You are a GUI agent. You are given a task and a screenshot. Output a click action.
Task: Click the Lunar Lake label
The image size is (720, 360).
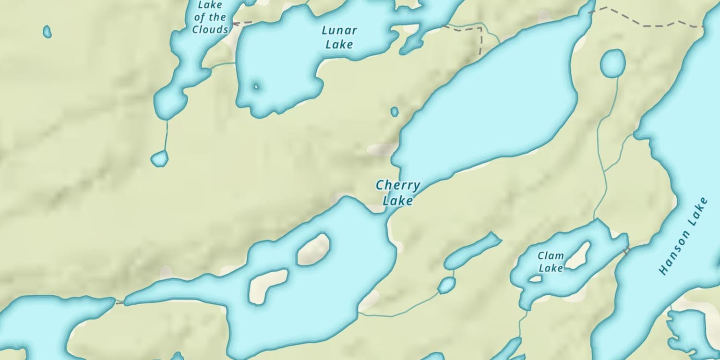pyautogui.click(x=339, y=37)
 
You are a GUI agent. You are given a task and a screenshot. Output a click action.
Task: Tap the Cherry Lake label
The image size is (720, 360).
pyautogui.click(x=398, y=193)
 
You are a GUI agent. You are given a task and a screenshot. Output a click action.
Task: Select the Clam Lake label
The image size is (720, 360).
pyautogui.click(x=551, y=262)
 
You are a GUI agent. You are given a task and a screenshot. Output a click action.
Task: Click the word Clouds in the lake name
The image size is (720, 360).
pyautogui.click(x=210, y=30)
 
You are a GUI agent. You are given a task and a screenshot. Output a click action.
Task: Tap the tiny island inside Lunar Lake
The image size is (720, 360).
pyautogui.click(x=256, y=87)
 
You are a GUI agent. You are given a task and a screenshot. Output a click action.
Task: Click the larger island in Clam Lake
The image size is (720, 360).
pyautogui.click(x=578, y=255)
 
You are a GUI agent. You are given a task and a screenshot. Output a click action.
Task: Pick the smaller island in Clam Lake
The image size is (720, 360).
pyautogui.click(x=535, y=278)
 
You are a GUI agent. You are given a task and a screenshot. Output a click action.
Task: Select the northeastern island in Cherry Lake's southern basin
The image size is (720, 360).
pyautogui.click(x=314, y=249)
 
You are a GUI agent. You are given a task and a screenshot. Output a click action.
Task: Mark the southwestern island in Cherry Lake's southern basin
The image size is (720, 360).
pyautogui.click(x=268, y=285)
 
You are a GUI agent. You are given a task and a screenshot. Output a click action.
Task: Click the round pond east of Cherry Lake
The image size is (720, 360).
pyautogui.click(x=613, y=63)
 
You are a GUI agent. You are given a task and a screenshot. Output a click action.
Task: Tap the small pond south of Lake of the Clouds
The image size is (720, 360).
pyautogui.click(x=160, y=158)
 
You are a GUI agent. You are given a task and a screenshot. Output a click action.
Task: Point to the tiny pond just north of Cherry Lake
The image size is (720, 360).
pyautogui.click(x=395, y=111)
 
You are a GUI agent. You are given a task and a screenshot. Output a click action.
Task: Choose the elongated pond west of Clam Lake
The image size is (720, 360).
pyautogui.click(x=472, y=250)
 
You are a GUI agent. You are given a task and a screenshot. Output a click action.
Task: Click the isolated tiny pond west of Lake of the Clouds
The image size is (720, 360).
pyautogui.click(x=47, y=32)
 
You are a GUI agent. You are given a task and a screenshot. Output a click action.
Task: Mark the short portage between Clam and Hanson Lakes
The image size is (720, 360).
pyautogui.click(x=626, y=249)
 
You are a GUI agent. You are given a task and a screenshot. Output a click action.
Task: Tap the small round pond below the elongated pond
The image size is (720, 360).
pyautogui.click(x=446, y=285)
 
